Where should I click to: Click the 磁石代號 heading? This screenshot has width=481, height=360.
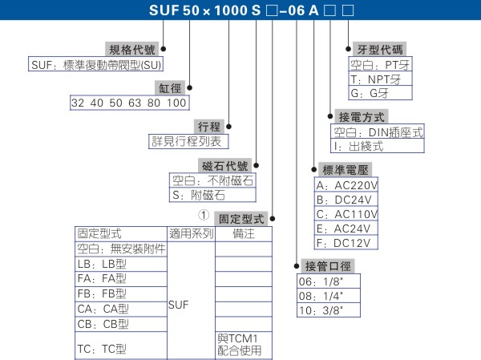pyautogui.click(x=227, y=165)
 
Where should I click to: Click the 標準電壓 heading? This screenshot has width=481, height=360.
pyautogui.click(x=346, y=169)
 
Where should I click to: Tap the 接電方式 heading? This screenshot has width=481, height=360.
pyautogui.click(x=360, y=117)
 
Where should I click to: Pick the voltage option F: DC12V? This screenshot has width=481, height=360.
pyautogui.click(x=345, y=242)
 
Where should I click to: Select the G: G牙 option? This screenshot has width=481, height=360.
pyautogui.click(x=370, y=93)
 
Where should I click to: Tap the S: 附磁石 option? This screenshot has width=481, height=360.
pyautogui.click(x=198, y=195)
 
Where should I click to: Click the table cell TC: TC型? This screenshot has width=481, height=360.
pyautogui.click(x=103, y=349)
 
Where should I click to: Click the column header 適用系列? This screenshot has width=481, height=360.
pyautogui.click(x=191, y=233)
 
